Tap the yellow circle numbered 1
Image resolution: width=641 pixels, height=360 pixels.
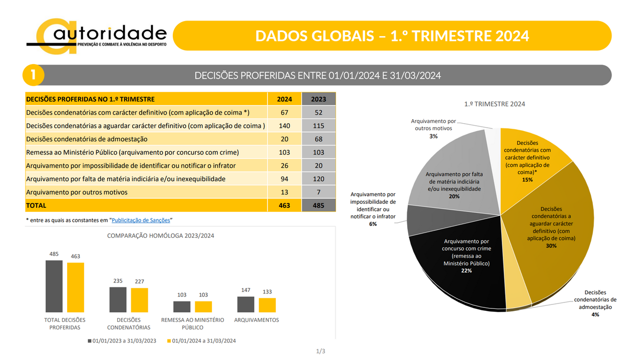33,75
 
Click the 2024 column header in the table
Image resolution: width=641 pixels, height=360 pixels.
284,99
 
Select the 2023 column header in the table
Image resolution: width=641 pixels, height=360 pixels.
318,99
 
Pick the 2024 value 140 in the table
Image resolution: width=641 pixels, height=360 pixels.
284,126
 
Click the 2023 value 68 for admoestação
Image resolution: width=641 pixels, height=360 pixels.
318,139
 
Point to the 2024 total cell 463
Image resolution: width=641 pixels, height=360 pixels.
284,205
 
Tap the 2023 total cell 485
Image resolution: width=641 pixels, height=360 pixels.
318,205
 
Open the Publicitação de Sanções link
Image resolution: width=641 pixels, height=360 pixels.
141,220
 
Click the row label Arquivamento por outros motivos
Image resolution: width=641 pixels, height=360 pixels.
77,192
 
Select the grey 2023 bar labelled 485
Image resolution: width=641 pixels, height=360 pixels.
54,286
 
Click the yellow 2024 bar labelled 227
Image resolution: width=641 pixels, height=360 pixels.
139,300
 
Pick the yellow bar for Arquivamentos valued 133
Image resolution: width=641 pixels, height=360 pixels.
267,305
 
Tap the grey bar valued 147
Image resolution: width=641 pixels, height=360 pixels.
245,304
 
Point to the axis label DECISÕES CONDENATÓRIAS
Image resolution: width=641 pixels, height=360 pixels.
129,323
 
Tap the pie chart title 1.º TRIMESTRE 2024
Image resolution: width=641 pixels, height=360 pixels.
494,104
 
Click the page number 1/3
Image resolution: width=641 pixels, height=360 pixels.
320,351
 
